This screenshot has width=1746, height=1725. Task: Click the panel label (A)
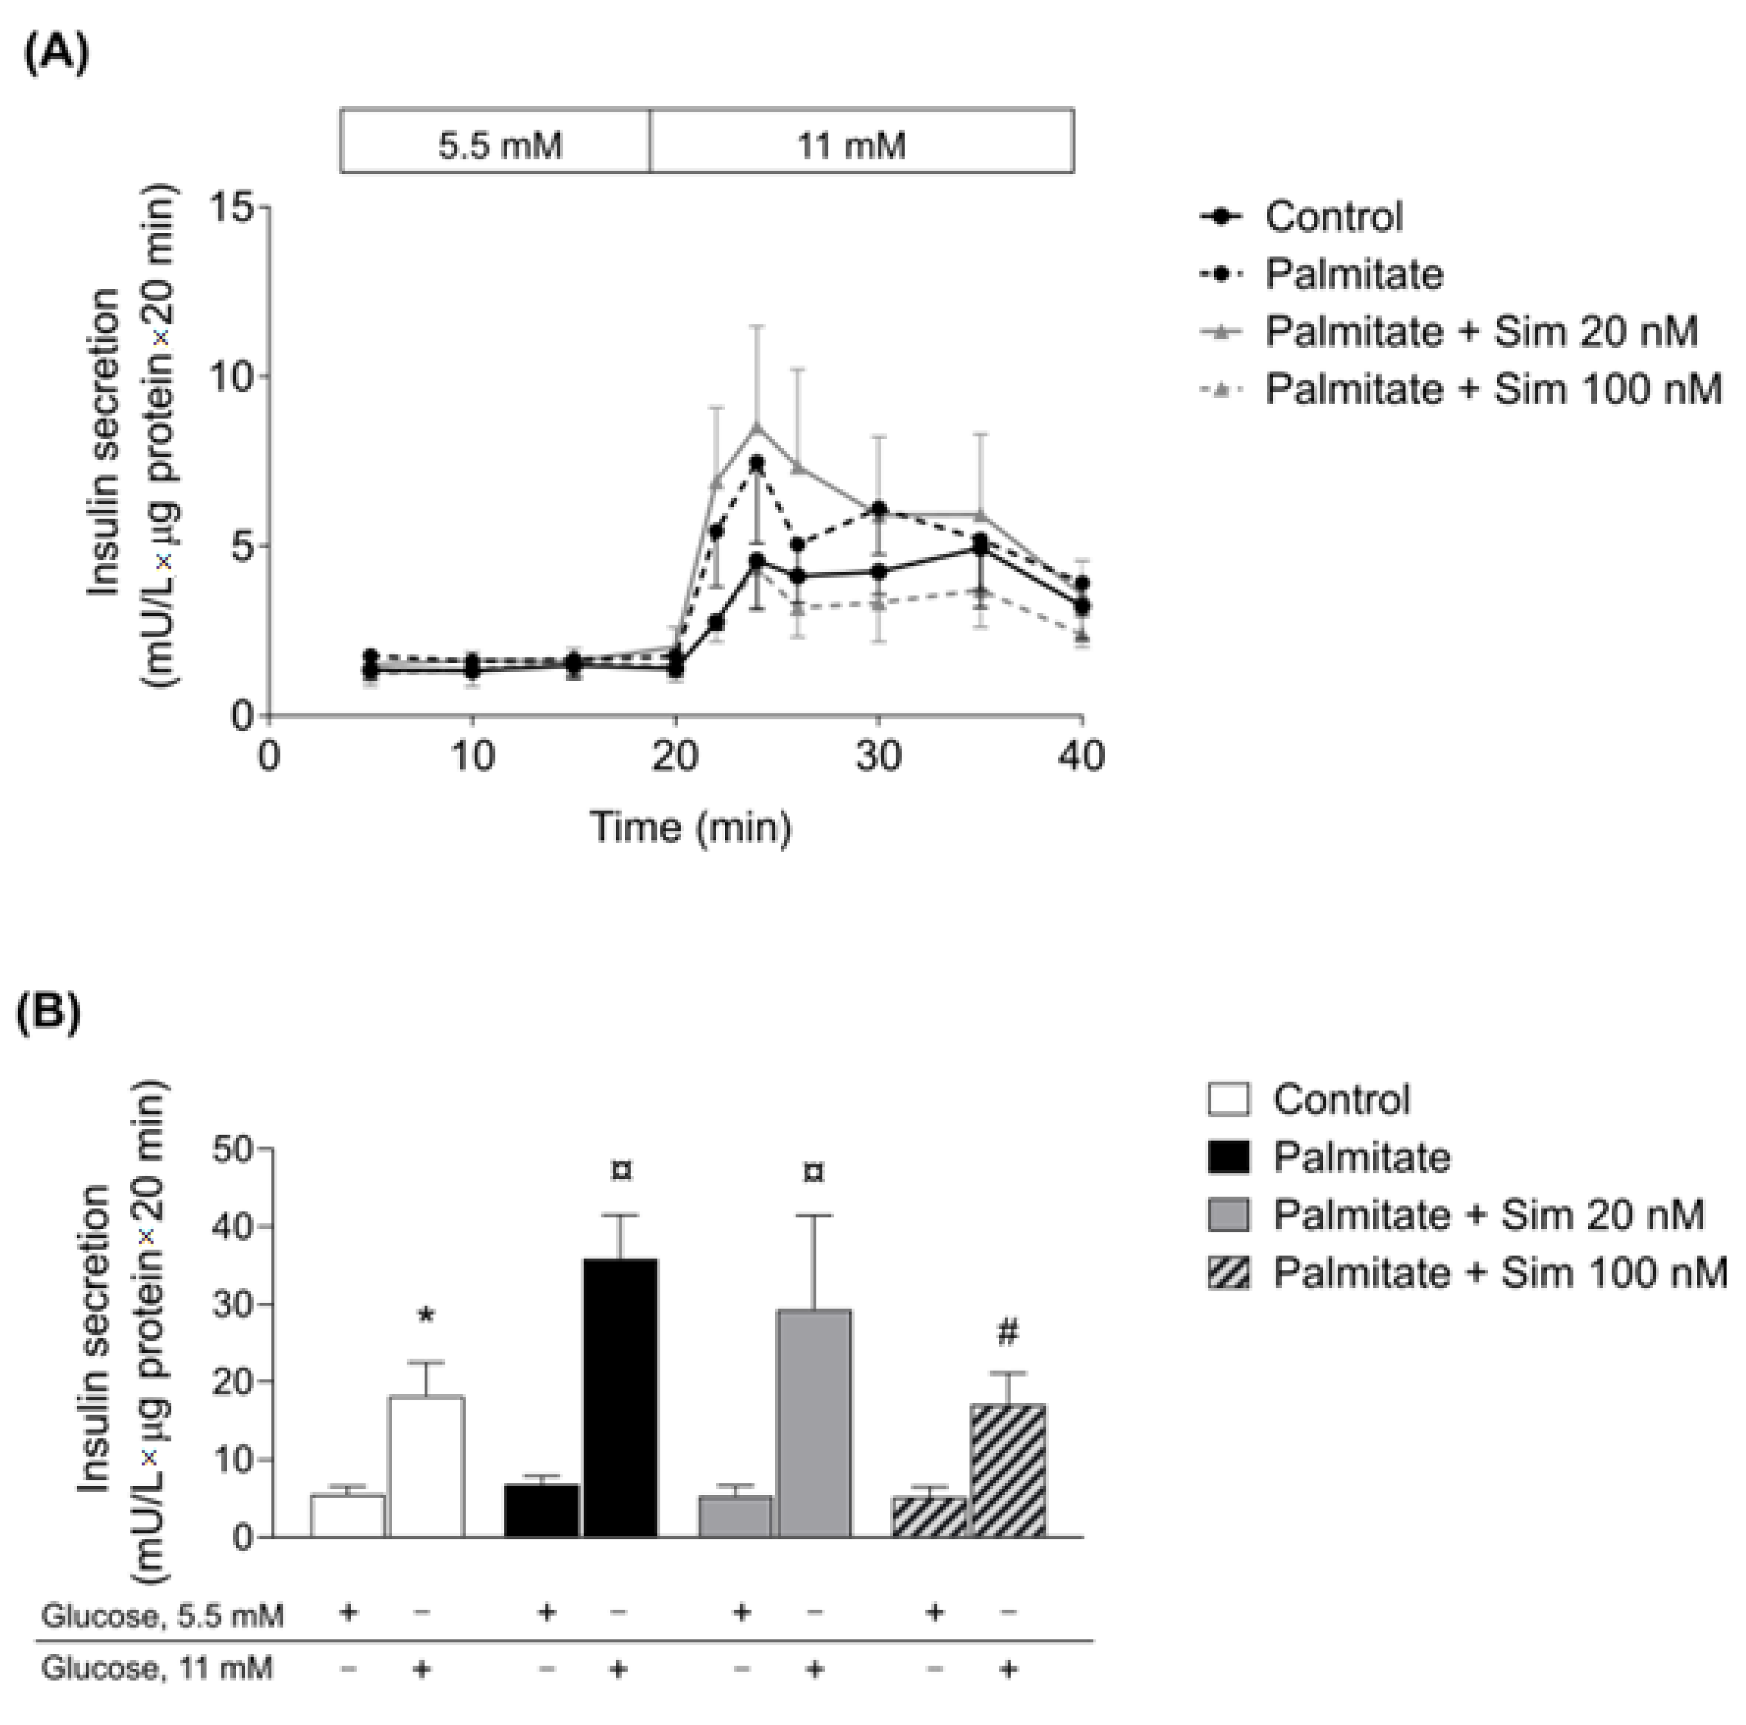point(56,54)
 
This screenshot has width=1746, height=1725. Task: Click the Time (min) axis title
point(690,826)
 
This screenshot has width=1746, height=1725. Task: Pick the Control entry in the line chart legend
point(1333,217)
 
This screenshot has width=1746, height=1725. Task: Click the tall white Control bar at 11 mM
point(426,1466)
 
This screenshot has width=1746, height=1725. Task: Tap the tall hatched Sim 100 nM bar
point(1008,1470)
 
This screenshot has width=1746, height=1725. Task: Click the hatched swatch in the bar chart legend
point(1229,1273)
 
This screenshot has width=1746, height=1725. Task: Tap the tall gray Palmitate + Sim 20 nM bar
point(814,1423)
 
